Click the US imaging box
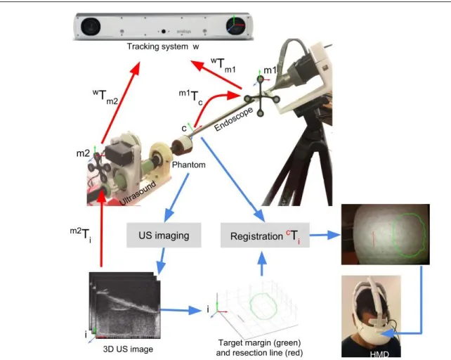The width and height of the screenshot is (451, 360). click(164, 235)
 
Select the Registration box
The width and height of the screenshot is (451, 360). click(265, 235)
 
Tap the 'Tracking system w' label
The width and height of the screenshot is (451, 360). click(163, 46)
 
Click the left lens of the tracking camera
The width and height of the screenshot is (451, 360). click(91, 27)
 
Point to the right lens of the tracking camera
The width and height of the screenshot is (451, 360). click(236, 25)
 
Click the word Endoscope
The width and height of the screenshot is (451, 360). click(233, 119)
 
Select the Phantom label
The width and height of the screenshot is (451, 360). click(189, 165)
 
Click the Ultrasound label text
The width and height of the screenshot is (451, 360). click(138, 193)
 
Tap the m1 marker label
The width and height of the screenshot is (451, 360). click(270, 70)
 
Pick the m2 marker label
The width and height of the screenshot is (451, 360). click(83, 153)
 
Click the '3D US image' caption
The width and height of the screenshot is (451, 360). click(128, 349)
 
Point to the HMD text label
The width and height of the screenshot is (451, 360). click(379, 354)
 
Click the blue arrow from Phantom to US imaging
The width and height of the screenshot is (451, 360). click(176, 198)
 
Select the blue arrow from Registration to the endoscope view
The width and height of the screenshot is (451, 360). click(325, 235)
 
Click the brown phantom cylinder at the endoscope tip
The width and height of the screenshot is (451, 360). click(182, 146)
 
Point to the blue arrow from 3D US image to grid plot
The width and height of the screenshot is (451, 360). click(181, 310)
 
